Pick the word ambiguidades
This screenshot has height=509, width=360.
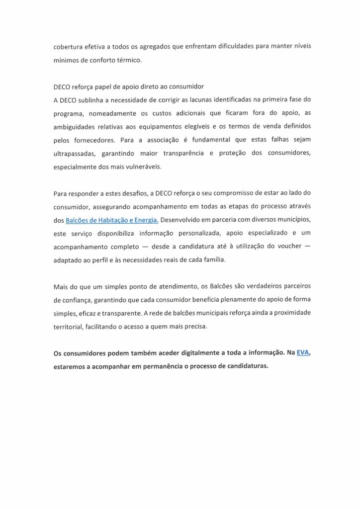78,126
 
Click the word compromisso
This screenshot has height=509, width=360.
236,192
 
